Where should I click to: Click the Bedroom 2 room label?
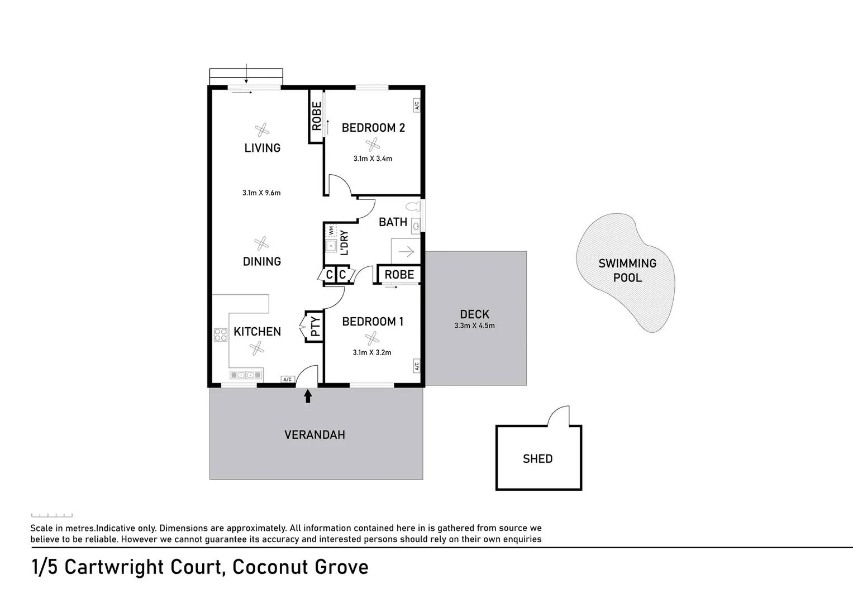pyautogui.click(x=373, y=128)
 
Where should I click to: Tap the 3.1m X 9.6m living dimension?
pyautogui.click(x=261, y=193)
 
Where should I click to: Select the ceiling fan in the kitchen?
pyautogui.click(x=257, y=349)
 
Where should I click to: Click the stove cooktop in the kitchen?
pyautogui.click(x=221, y=334)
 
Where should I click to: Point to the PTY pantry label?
pyautogui.click(x=315, y=326)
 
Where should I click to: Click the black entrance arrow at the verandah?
pyautogui.click(x=307, y=396)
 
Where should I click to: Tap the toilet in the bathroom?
pyautogui.click(x=413, y=207)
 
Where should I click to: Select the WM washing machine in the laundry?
pyautogui.click(x=331, y=230)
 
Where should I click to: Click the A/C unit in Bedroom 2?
pyautogui.click(x=416, y=105)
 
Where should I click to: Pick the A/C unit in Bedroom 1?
pyautogui.click(x=416, y=366)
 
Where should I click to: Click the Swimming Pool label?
pyautogui.click(x=627, y=271)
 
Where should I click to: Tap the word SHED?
pyautogui.click(x=537, y=459)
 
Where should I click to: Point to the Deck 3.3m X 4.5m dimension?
pyautogui.click(x=474, y=326)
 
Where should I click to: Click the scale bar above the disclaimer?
pyautogui.click(x=51, y=515)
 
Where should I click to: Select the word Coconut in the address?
pyautogui.click(x=270, y=567)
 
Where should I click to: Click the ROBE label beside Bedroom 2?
pyautogui.click(x=317, y=116)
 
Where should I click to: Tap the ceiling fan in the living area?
pyautogui.click(x=262, y=130)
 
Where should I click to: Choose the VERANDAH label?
pyautogui.click(x=314, y=435)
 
